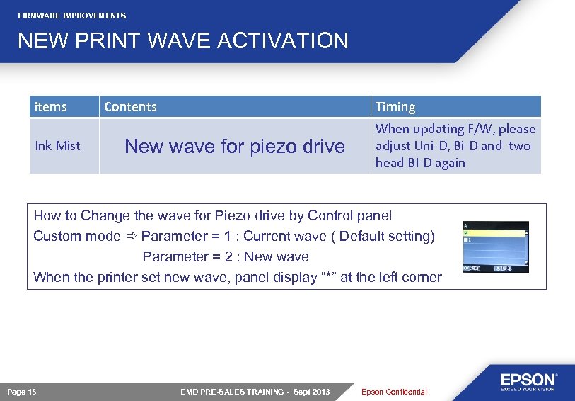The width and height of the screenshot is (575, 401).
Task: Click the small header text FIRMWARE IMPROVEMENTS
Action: (x=72, y=16)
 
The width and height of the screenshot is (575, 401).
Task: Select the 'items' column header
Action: (x=51, y=107)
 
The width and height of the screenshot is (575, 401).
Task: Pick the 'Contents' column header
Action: (x=131, y=107)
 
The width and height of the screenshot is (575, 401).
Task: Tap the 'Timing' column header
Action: (x=395, y=107)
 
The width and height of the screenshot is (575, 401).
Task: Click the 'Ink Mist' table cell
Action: (x=58, y=146)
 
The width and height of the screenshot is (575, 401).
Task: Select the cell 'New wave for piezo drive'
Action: (x=234, y=147)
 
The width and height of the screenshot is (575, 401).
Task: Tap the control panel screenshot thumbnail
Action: (x=495, y=247)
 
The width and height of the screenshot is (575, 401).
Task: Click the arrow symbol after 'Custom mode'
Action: (x=131, y=236)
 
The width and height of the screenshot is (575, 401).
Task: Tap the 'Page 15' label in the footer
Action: (x=22, y=392)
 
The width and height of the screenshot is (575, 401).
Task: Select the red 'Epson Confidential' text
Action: (x=394, y=392)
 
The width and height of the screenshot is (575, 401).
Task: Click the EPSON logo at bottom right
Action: (x=528, y=381)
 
